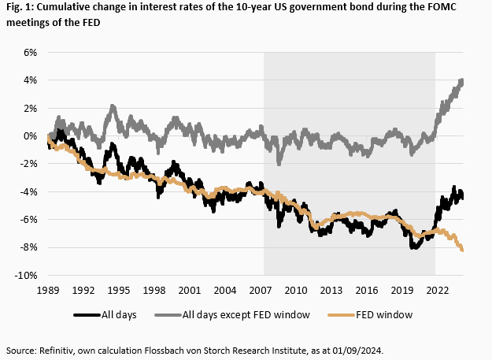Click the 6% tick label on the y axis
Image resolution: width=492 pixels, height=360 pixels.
(x=29, y=52)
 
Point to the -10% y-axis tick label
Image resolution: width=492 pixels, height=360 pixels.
(x=26, y=275)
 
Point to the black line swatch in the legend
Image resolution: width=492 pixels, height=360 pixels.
(x=87, y=315)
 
